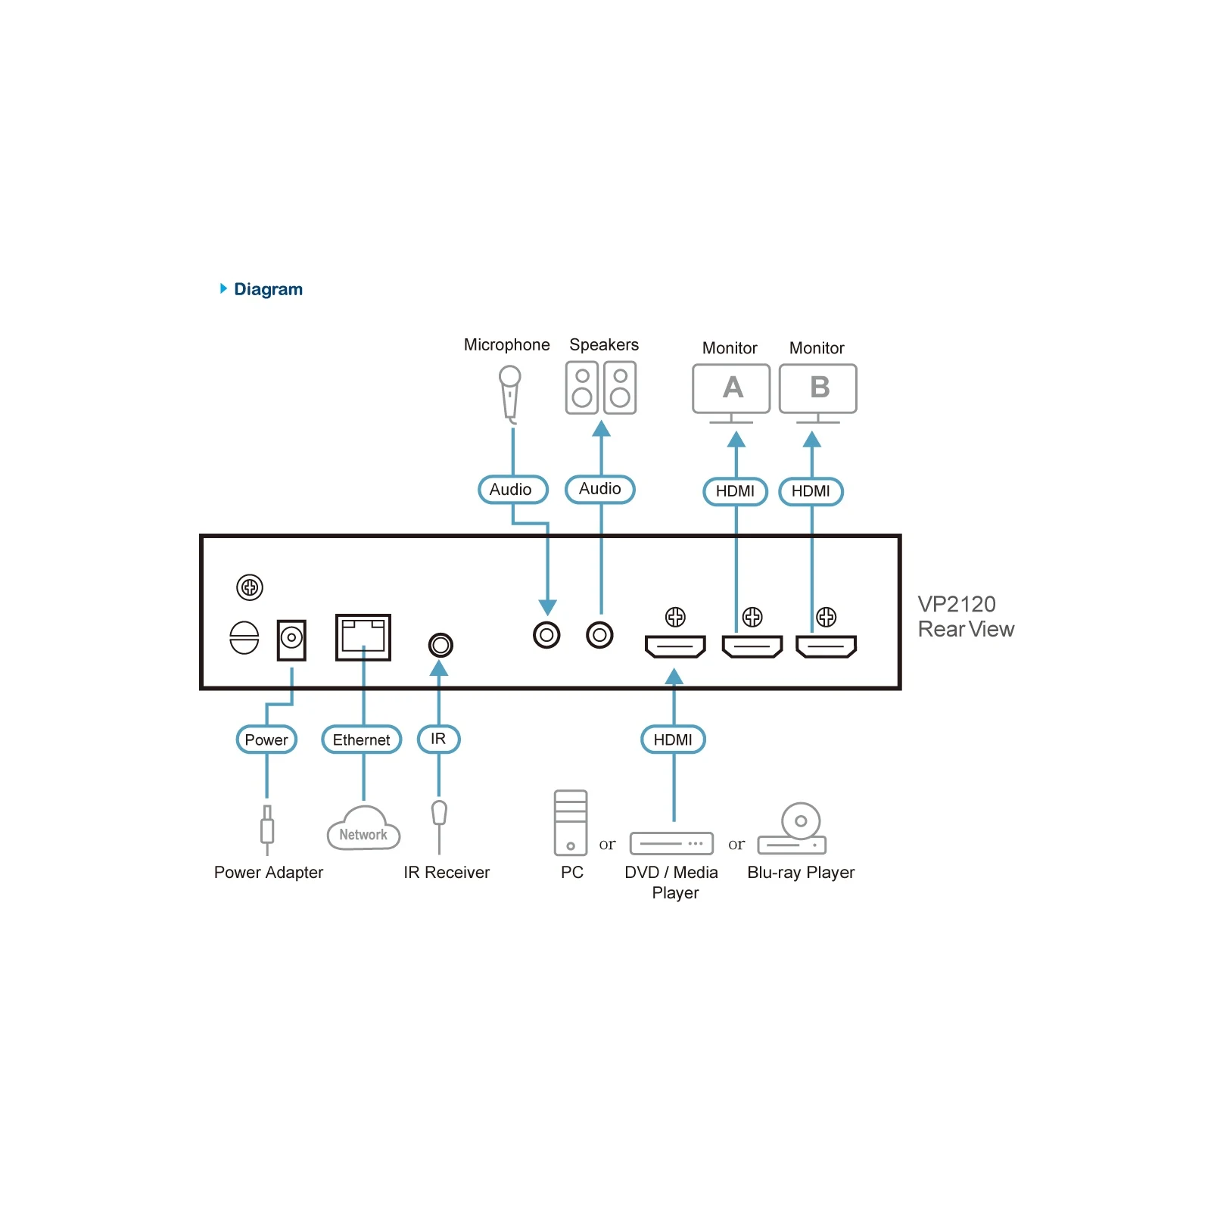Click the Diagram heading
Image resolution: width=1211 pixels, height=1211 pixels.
[x=268, y=289]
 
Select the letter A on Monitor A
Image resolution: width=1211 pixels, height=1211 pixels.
[x=733, y=388]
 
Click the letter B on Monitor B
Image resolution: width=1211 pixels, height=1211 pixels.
[x=820, y=388]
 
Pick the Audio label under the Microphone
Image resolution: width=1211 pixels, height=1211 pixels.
[x=513, y=490]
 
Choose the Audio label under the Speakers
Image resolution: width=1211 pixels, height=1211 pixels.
[x=600, y=489]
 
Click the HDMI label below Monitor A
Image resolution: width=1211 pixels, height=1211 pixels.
[x=736, y=491]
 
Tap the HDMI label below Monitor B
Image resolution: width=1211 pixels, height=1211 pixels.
[x=811, y=491]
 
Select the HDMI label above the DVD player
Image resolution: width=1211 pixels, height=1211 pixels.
[x=674, y=739]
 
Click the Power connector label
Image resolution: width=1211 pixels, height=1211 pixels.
[x=266, y=739]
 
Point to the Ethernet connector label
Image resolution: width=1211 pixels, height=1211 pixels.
[x=362, y=739]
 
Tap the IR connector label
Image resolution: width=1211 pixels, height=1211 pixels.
[x=439, y=739]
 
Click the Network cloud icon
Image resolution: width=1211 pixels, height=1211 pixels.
[x=363, y=829]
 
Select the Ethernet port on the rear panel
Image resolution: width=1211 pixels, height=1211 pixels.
[x=363, y=637]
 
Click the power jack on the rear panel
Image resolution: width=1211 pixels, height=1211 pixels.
[x=291, y=640]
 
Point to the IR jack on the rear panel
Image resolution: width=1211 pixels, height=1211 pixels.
[x=441, y=645]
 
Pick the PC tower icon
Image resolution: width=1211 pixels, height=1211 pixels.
[x=571, y=823]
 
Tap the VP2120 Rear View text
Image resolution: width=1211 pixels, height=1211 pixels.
[x=966, y=616]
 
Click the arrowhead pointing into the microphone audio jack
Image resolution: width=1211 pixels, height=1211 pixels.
[x=548, y=607]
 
